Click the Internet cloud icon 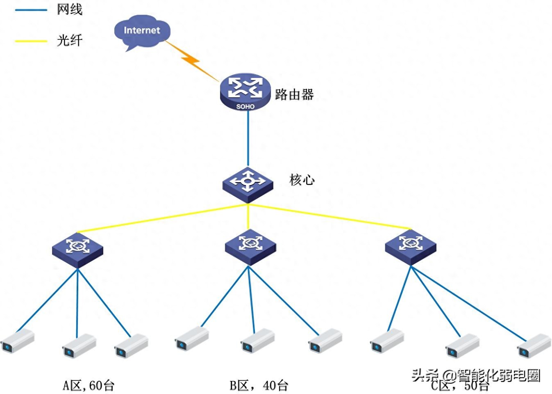[x=141, y=31]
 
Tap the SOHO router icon [x=245, y=92]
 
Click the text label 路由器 [x=294, y=95]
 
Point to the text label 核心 [x=302, y=180]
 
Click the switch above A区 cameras [x=77, y=249]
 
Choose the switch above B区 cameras [x=250, y=246]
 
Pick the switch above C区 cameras [x=411, y=246]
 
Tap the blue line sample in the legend [x=31, y=10]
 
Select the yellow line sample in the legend [x=31, y=41]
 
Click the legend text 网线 [x=70, y=9]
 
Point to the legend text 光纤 [x=70, y=40]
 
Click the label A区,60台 [x=88, y=385]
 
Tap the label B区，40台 [x=259, y=385]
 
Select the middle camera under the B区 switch [x=257, y=341]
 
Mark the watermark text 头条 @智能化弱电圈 [x=476, y=375]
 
